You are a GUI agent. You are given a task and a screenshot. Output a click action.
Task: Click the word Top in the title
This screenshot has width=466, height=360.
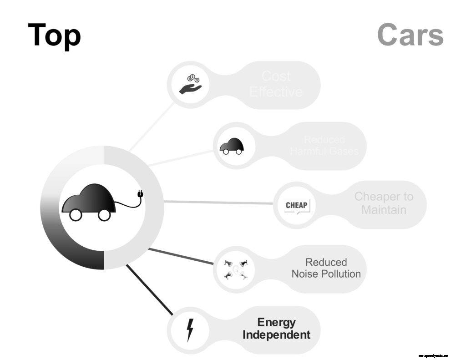[54, 35]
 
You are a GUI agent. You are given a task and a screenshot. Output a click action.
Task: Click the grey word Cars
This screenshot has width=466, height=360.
[410, 35]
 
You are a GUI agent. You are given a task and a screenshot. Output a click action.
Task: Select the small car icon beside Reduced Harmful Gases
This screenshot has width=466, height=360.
[232, 146]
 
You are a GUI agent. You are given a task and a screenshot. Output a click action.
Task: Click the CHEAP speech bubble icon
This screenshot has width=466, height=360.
[296, 205]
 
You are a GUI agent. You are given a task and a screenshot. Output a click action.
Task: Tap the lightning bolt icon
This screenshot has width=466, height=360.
[190, 330]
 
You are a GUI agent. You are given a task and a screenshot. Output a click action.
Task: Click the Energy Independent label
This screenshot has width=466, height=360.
[276, 329]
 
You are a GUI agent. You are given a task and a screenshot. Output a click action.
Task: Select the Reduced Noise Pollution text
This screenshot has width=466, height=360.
[326, 268]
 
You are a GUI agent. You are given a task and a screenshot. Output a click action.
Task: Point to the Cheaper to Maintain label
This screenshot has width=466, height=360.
[384, 203]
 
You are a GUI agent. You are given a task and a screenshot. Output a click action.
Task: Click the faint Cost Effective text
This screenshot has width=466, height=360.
[276, 84]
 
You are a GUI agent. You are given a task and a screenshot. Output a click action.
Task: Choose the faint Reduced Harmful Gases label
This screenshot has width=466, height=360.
[324, 146]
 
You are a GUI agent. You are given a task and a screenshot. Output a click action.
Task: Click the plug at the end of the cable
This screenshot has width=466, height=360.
[140, 195]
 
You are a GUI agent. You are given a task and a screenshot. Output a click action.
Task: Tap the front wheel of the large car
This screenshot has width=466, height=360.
[104, 215]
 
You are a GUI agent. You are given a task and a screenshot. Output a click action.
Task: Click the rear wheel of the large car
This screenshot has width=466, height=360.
[76, 215]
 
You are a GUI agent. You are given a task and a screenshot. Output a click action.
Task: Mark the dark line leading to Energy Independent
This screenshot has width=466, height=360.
[149, 290]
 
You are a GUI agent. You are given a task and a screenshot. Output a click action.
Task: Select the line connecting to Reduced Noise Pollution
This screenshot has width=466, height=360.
[181, 256]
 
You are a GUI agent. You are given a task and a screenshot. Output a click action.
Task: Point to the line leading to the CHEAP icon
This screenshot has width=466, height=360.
[218, 202]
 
